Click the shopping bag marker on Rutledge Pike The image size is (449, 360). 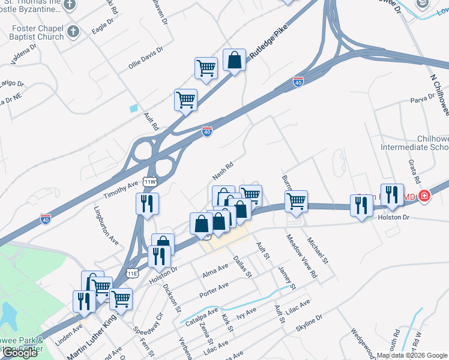coord(234,60)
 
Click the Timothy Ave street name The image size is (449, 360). coord(121,188)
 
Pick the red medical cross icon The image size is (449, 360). coord(424,196)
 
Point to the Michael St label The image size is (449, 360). coord(318,250)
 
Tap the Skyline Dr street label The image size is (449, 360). coord(309,324)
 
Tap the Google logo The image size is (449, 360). coord(20,353)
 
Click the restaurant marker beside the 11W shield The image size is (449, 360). coord(147,204)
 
